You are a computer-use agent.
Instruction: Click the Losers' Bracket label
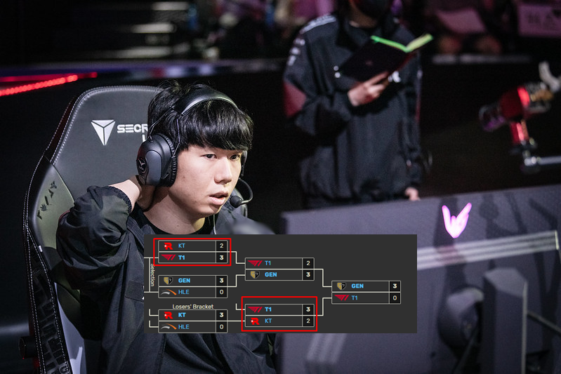point(192,307)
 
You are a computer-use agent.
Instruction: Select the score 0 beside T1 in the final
point(395,298)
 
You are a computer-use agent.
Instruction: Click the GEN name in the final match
point(357,286)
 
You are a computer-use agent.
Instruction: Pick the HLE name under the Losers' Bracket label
point(183,327)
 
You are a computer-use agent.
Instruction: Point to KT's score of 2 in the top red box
point(221,246)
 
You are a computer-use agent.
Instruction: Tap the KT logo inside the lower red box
point(255,321)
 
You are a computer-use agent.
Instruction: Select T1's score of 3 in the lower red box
point(308,309)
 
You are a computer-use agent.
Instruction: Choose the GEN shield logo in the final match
point(341,286)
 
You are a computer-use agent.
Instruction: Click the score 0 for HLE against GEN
point(221,292)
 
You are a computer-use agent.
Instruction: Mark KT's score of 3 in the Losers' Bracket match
point(221,316)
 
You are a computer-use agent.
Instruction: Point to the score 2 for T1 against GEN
point(308,263)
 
